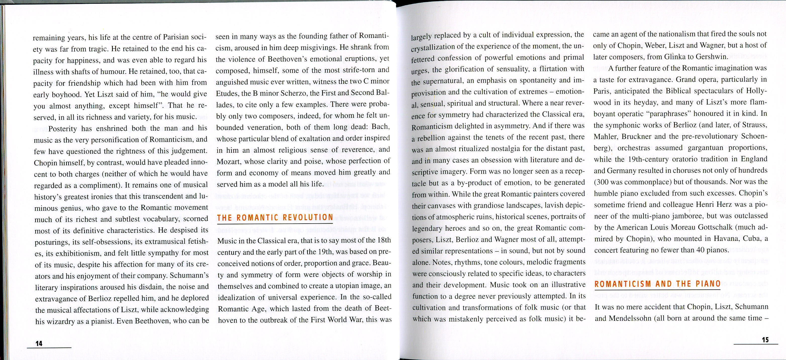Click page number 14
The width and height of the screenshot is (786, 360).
pos(39,343)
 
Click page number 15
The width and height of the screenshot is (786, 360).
pos(765,340)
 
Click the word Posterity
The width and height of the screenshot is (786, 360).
pos(63,129)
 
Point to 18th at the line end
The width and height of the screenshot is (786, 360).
pos(384,240)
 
